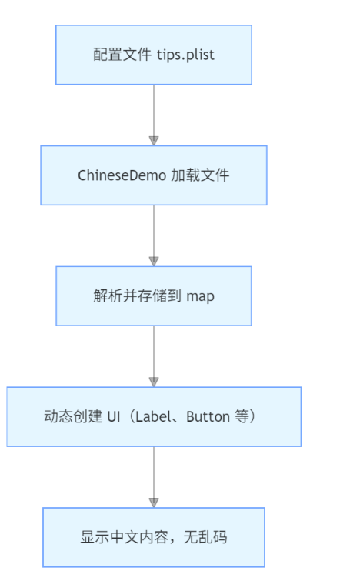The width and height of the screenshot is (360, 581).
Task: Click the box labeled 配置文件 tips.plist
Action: tap(154, 55)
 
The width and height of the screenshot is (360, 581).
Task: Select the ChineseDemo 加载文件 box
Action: tap(154, 175)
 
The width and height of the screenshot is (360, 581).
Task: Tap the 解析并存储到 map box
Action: tap(154, 296)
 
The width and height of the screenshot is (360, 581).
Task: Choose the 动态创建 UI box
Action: tap(154, 416)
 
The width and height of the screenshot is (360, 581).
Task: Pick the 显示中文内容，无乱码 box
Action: tap(154, 537)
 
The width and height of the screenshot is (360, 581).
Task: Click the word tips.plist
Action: tap(185, 55)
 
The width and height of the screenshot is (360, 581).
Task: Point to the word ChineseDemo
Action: tap(122, 175)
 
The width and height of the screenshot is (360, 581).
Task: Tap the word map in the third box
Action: tap(200, 297)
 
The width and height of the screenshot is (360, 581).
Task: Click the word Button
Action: tap(208, 417)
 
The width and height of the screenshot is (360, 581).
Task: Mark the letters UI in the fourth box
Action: tap(114, 417)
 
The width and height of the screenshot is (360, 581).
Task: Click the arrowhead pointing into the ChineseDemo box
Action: tap(154, 141)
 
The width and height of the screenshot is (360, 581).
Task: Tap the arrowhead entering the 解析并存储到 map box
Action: tap(154, 261)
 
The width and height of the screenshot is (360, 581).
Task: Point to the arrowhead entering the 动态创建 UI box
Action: tap(154, 382)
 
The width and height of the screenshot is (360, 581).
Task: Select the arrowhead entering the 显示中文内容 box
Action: tap(154, 503)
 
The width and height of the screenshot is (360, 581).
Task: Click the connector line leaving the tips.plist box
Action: tap(154, 110)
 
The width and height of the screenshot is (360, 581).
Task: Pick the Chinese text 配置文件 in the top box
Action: tap(122, 55)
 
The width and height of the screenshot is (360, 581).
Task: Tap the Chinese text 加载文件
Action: tap(200, 175)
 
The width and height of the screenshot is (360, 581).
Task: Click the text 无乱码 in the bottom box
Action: tap(205, 537)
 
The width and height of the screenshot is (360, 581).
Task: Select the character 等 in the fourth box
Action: tap(242, 416)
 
